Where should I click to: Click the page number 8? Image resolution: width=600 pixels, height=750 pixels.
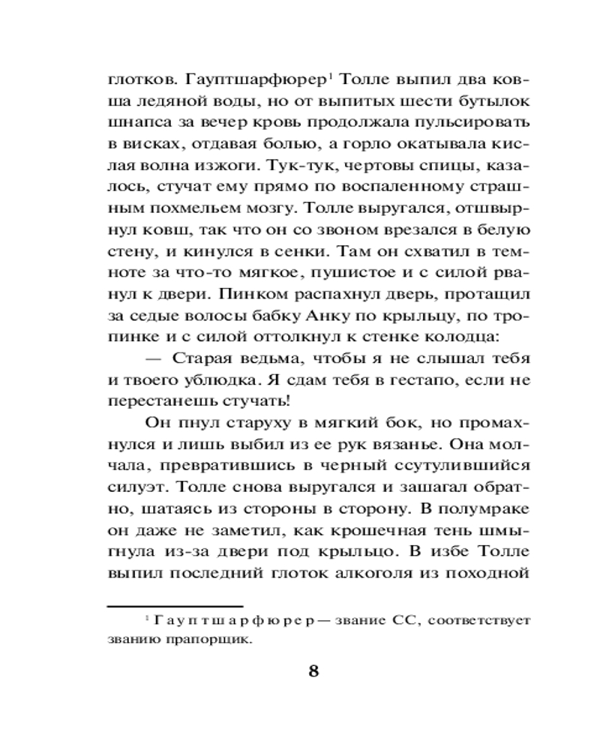click(313, 670)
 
